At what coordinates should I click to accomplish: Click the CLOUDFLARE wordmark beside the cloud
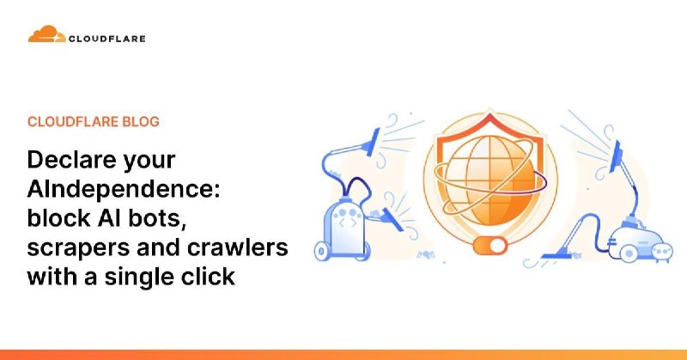click(x=106, y=38)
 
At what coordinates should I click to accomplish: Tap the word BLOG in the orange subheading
click(x=140, y=122)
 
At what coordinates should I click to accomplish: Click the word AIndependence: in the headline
click(x=124, y=190)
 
